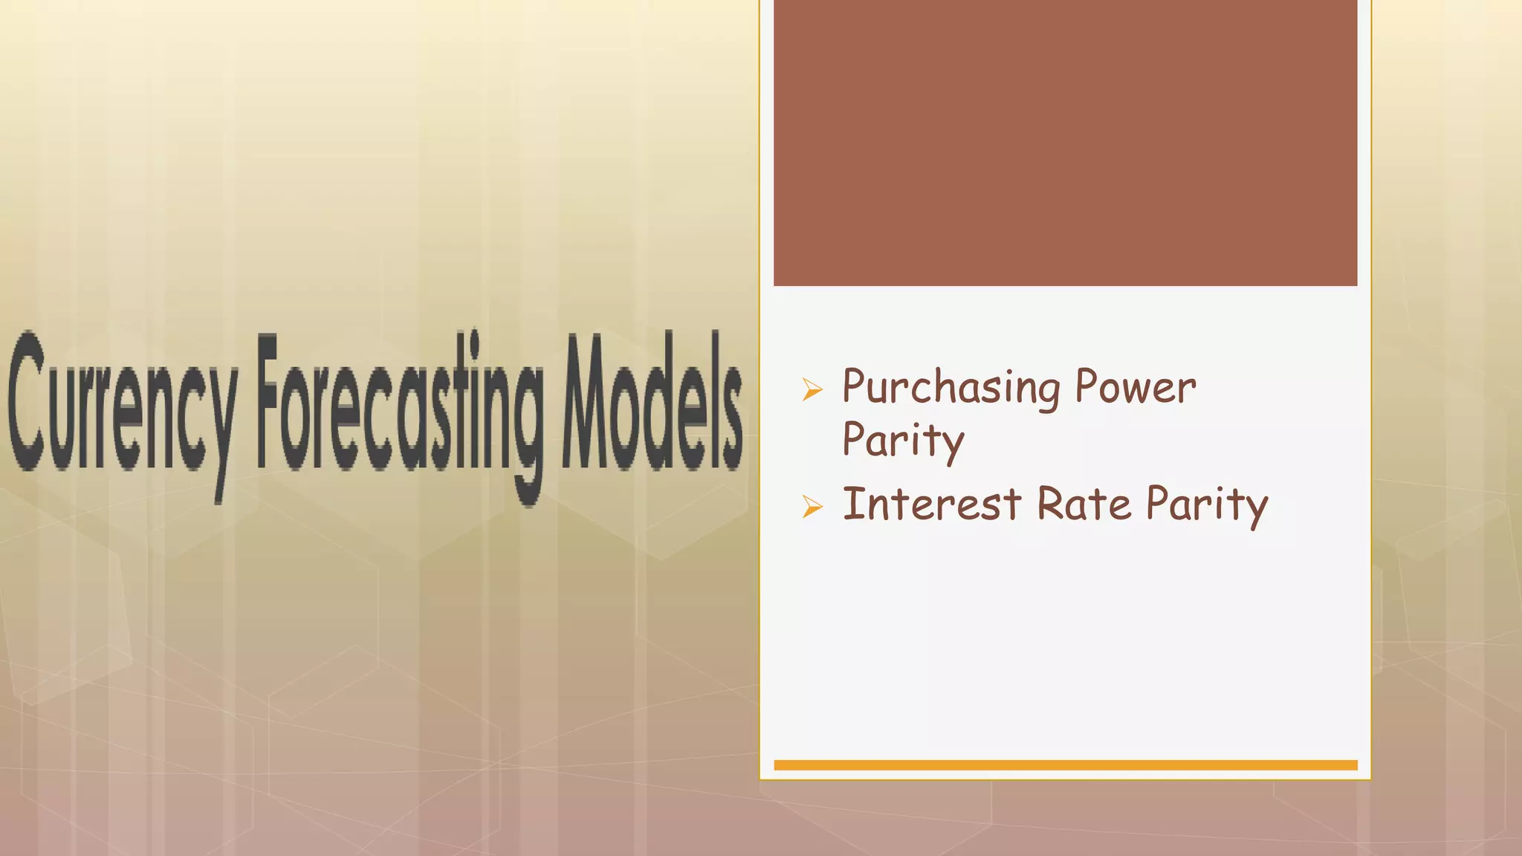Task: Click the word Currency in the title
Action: click(x=123, y=405)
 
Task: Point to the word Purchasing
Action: click(x=951, y=388)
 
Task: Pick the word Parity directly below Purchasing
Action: click(x=903, y=441)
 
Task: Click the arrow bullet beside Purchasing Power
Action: click(x=812, y=389)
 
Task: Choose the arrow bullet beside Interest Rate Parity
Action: click(x=812, y=507)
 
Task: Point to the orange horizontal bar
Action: click(x=1065, y=765)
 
